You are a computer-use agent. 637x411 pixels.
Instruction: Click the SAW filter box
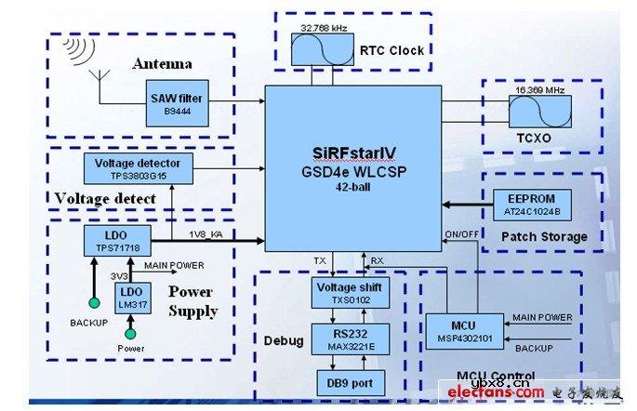click(x=177, y=101)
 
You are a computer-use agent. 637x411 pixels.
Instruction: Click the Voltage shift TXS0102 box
click(x=347, y=292)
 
